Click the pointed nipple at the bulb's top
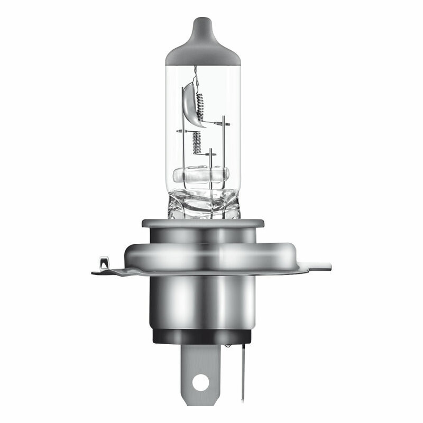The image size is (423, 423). coord(203,23)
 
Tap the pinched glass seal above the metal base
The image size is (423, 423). coord(204,204)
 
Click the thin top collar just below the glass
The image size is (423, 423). coord(203,223)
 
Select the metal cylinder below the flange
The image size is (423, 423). coord(204,301)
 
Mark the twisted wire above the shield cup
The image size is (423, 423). coord(196,75)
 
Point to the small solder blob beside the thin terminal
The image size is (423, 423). coord(227,345)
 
